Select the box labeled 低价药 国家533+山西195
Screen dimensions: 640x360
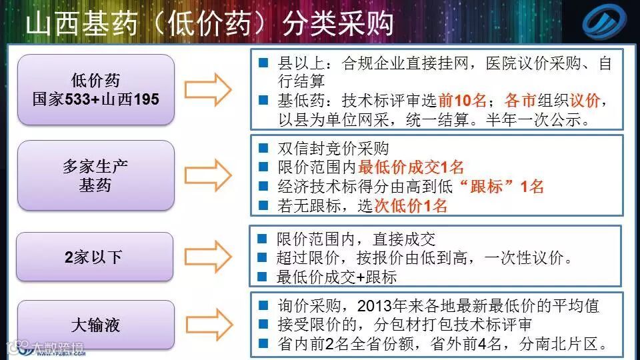pos(96,90)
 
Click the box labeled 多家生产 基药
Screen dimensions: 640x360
pos(96,175)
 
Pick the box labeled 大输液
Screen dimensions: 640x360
pos(96,325)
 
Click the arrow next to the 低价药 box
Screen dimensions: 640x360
pos(207,89)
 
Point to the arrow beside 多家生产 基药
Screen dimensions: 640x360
pos(207,175)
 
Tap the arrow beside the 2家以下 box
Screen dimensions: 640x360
pos(207,257)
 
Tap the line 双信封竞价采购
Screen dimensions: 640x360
pos(333,148)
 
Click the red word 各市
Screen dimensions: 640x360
pos(520,101)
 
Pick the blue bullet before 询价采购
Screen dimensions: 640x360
pos(263,305)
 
